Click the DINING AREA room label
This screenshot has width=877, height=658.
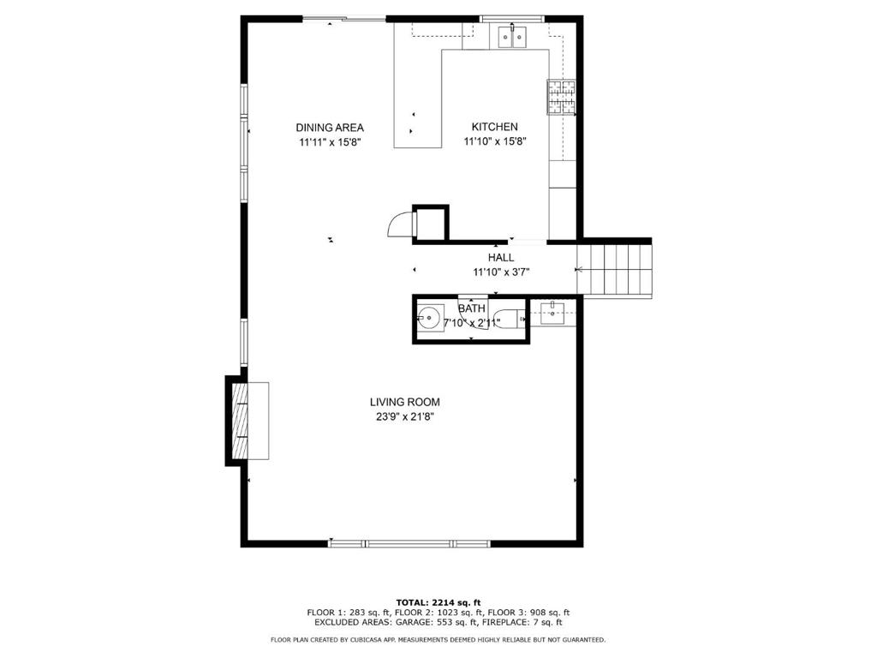pos(330,128)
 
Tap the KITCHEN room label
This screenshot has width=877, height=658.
pos(494,127)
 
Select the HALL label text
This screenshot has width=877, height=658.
pos(501,257)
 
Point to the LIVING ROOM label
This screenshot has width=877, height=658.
pos(404,402)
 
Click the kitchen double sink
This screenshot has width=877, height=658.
pos(513,37)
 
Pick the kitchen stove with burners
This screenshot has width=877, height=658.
pos(561,97)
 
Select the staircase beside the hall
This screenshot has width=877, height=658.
pos(615,269)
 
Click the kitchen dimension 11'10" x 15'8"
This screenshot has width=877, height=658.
pos(494,142)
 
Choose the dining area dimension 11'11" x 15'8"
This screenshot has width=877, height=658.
pos(330,143)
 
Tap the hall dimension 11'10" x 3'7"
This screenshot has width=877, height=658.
pos(501,272)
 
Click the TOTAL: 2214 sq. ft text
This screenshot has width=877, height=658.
pos(438,602)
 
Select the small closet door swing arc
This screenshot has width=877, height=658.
pos(399,224)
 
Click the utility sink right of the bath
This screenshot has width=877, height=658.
pos(553,312)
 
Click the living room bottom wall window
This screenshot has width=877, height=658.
pos(409,543)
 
